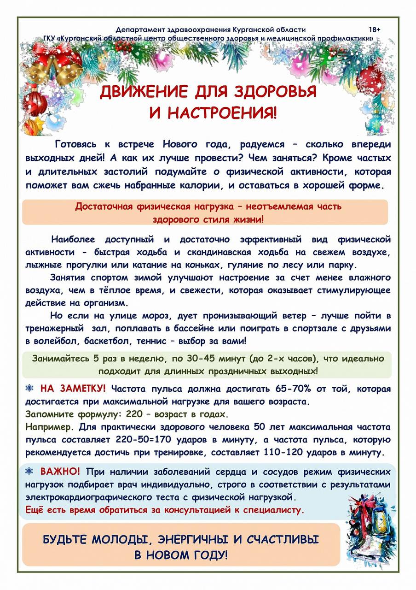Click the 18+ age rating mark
pos(374,29)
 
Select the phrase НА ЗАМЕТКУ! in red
pos(73,389)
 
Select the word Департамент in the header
pos(138,29)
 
